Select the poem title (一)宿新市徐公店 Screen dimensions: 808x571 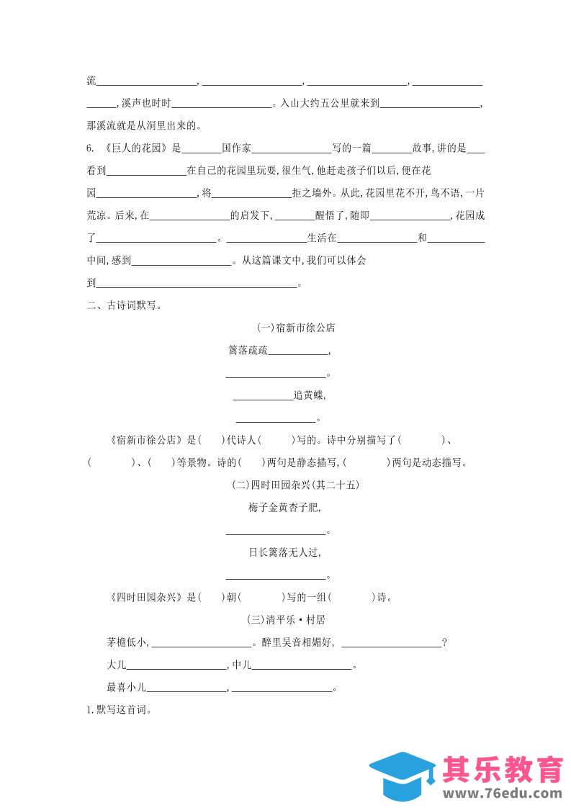point(295,328)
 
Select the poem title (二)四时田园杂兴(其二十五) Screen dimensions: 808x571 point(295,485)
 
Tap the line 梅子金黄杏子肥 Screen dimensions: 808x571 point(284,508)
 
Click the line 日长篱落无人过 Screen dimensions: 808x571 point(284,552)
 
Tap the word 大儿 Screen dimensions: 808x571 point(115,665)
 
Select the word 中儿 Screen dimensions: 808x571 point(241,665)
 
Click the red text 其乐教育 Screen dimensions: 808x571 point(503,769)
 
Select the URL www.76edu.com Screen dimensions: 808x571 point(503,794)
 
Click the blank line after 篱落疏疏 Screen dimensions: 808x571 point(298,353)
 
